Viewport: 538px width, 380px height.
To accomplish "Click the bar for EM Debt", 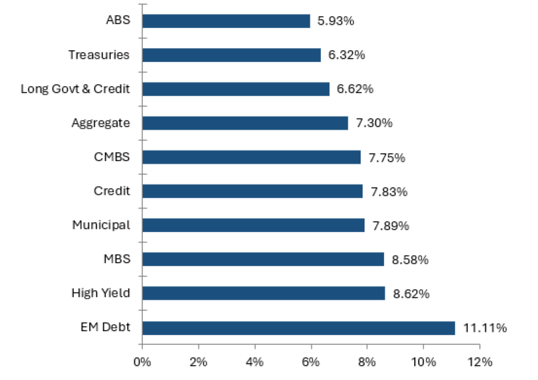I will tap(298, 328).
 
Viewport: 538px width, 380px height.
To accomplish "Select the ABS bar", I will tap(226, 21).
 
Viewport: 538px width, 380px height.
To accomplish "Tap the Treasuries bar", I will tap(231, 55).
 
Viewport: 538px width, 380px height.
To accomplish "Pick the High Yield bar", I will tap(263, 293).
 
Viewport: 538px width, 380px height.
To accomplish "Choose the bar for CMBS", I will tap(251, 157).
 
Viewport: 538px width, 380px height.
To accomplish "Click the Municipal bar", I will tap(253, 225).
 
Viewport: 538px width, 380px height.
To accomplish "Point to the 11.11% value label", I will tap(485, 328).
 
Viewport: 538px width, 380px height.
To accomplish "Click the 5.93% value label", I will tap(335, 21).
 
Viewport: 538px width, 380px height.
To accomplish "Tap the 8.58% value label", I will tap(410, 259).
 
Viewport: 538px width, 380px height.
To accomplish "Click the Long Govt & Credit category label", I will tap(75, 89).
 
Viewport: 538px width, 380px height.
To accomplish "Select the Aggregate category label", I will tap(101, 123).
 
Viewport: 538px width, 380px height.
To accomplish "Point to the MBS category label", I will tap(117, 259).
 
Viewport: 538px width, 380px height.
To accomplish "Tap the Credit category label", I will tap(112, 191).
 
